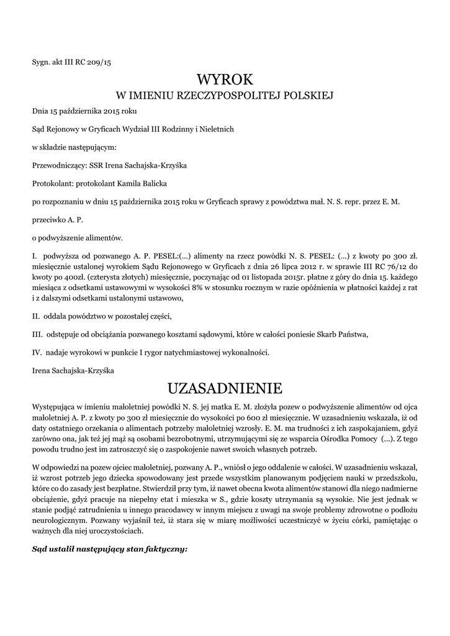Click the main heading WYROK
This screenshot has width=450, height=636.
click(x=225, y=80)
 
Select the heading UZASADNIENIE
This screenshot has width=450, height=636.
click(x=225, y=388)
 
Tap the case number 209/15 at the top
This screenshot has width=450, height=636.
click(x=98, y=62)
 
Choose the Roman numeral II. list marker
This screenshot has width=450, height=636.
click(x=36, y=316)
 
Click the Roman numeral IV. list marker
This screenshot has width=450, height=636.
click(x=37, y=352)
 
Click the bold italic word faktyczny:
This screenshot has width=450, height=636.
click(x=164, y=550)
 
